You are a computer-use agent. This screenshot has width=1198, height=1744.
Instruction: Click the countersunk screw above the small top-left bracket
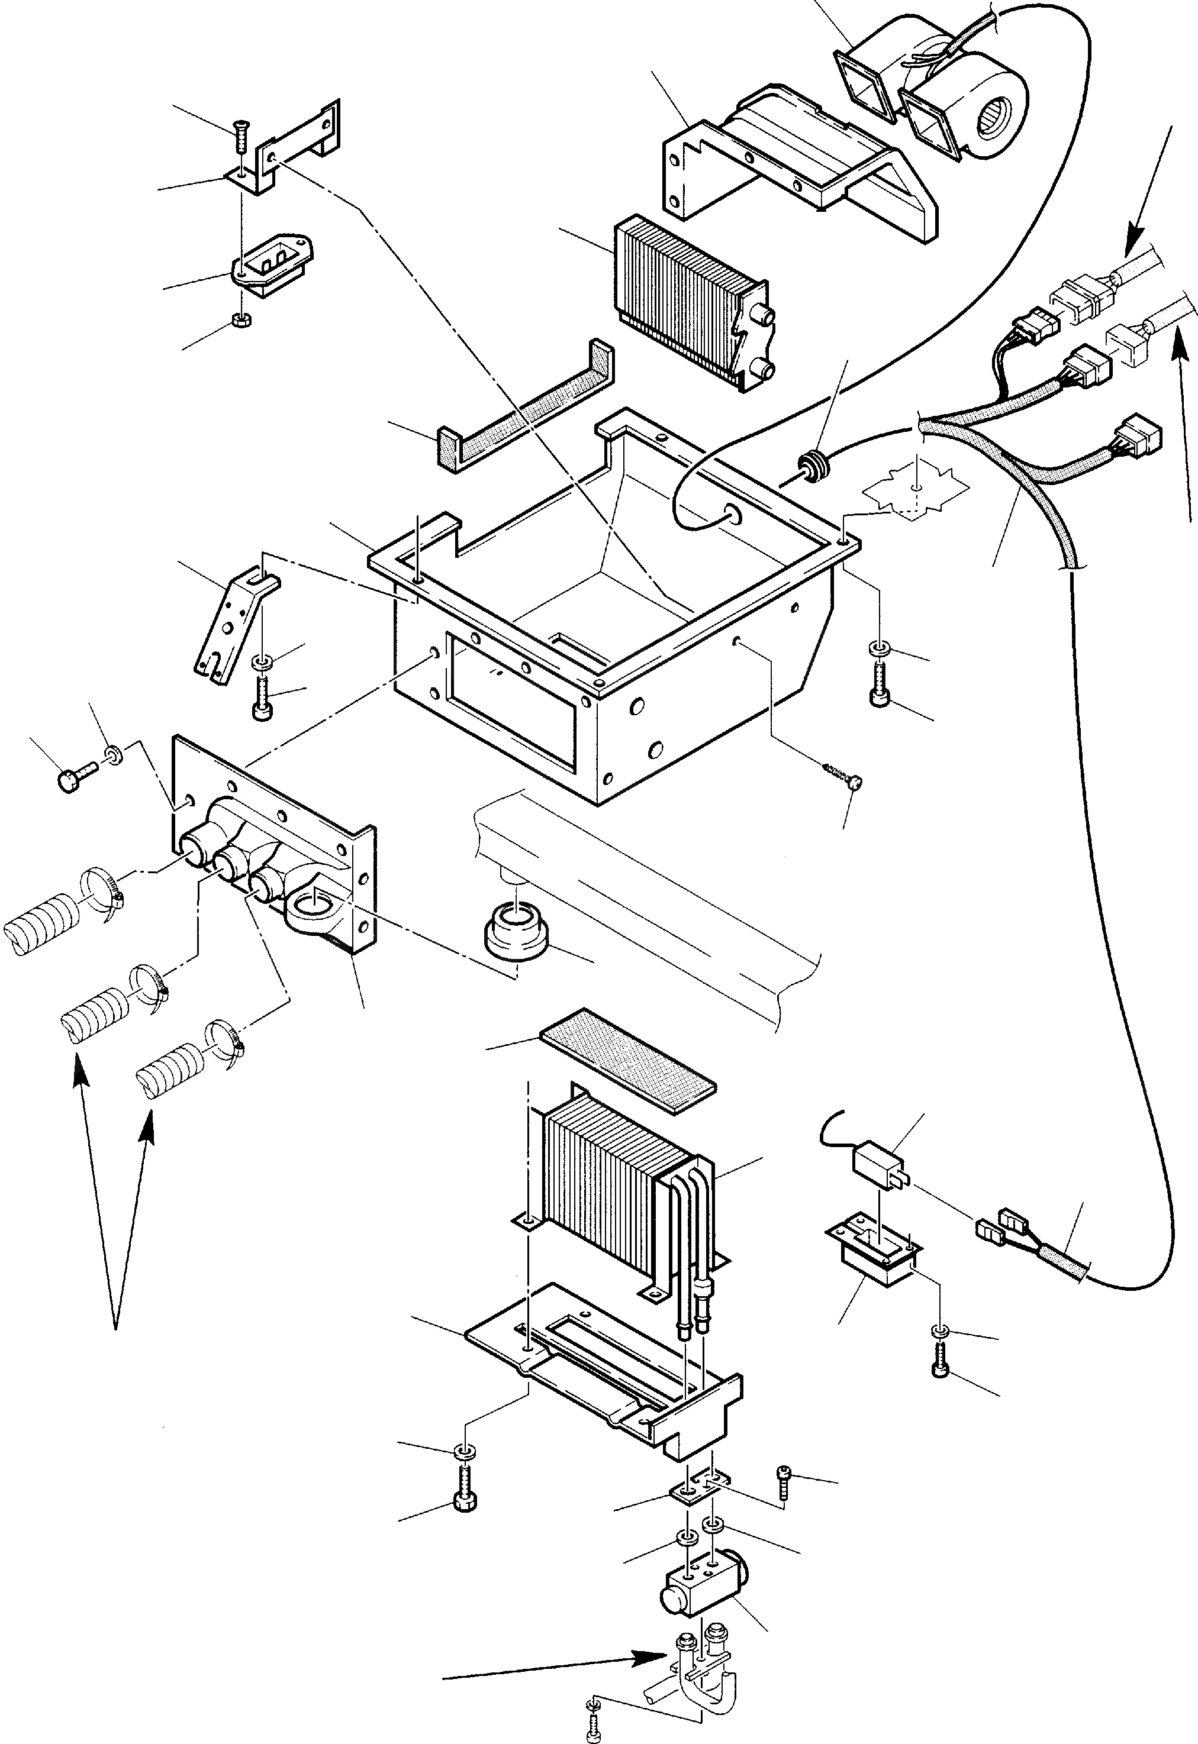click(240, 135)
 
